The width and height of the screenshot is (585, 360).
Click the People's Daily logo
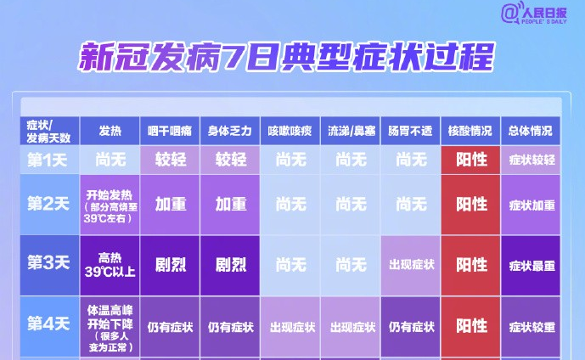pyautogui.click(x=534, y=14)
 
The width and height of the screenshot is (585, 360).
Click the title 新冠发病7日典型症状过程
pyautogui.click(x=286, y=57)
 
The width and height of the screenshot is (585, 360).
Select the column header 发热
pyautogui.click(x=110, y=131)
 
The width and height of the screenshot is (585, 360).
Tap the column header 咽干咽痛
pyautogui.click(x=170, y=131)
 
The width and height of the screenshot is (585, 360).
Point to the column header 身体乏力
pyautogui.click(x=230, y=131)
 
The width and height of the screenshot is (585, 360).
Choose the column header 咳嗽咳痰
pyautogui.click(x=290, y=131)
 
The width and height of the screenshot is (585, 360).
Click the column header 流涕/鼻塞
pyautogui.click(x=351, y=131)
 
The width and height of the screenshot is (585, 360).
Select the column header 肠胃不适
pyautogui.click(x=410, y=131)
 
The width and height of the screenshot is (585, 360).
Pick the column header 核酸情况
pyautogui.click(x=470, y=131)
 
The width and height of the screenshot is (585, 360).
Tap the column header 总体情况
pyautogui.click(x=531, y=131)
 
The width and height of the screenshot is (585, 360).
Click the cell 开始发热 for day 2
pyautogui.click(x=110, y=205)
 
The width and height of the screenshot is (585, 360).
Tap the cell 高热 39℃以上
pyautogui.click(x=110, y=265)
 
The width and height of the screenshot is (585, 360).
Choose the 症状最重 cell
pyautogui.click(x=531, y=265)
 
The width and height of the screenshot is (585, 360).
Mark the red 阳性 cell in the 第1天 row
pyautogui.click(x=470, y=160)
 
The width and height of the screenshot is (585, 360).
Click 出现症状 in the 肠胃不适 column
pyautogui.click(x=410, y=265)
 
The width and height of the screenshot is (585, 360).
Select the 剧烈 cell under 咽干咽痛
pyautogui.click(x=170, y=265)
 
